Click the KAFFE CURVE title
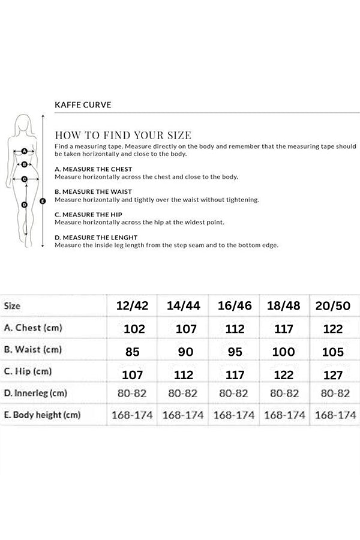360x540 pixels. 82,104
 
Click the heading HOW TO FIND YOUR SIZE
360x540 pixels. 123,135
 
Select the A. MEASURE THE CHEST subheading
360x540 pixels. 93,169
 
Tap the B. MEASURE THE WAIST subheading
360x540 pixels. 93,192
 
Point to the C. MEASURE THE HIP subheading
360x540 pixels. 88,214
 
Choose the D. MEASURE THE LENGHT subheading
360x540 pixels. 96,238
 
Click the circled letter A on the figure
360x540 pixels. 25,152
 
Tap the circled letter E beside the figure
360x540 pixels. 43,202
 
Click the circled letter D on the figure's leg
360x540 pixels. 25,205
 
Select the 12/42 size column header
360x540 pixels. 133,306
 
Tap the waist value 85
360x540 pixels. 133,352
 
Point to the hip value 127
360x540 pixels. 332,375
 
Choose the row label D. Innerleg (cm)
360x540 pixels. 35,393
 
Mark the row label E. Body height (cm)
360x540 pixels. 42,415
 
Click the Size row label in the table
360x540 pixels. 13,305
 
